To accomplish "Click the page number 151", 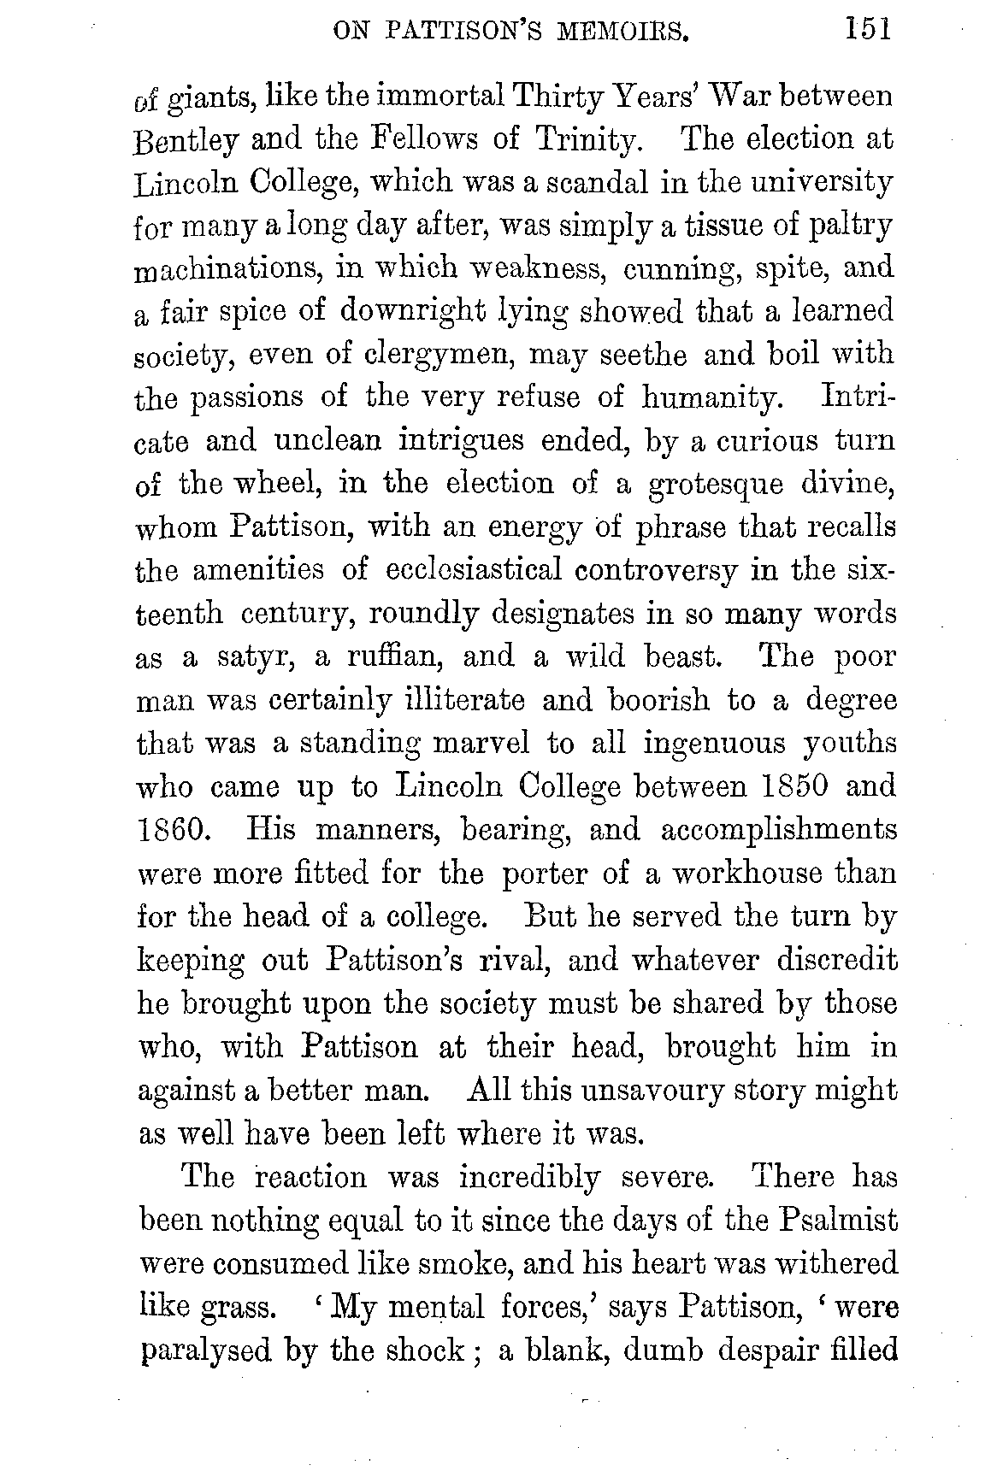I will (867, 31).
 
